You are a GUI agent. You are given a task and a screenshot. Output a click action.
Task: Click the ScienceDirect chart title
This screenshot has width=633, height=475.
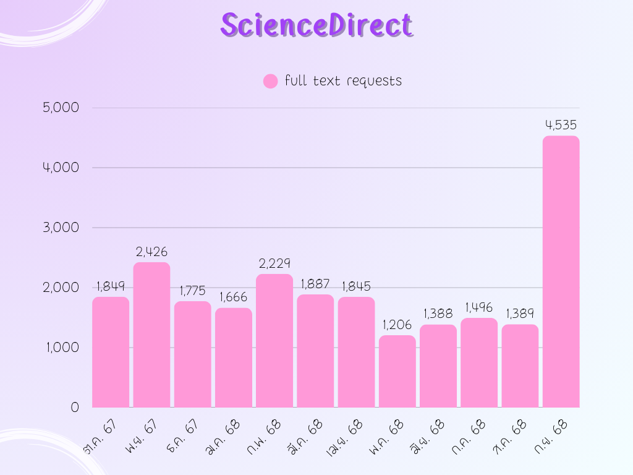coord(316,25)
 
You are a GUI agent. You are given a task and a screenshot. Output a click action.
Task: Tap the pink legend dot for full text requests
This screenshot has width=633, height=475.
coord(270,81)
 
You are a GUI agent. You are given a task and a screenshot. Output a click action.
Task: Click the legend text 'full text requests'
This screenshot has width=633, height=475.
coord(343,81)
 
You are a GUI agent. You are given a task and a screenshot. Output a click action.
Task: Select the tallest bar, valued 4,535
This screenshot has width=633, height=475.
coord(561,272)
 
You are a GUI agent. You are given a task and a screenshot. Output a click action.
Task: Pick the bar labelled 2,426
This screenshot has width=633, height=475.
coord(151,335)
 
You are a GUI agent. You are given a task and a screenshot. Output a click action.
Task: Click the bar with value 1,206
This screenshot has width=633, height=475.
coord(397,371)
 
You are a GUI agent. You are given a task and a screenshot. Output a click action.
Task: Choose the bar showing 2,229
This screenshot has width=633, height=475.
coord(274,340)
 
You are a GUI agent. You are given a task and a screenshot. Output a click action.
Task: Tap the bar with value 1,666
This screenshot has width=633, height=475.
coord(234,357)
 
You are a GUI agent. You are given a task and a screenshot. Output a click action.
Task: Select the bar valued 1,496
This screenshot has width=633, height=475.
coord(479,362)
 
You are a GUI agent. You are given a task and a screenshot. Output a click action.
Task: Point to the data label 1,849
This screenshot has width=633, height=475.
coord(111,286)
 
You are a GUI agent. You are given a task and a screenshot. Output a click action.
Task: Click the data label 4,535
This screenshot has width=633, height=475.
coord(561,126)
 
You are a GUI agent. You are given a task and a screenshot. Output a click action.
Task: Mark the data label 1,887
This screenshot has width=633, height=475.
coord(315,284)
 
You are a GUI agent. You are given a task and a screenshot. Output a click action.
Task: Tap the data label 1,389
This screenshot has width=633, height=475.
coord(520,314)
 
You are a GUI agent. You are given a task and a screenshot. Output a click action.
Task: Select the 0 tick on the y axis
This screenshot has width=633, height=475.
coord(75,407)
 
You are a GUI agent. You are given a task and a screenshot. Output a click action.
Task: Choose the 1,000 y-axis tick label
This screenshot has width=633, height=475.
coord(61,348)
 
